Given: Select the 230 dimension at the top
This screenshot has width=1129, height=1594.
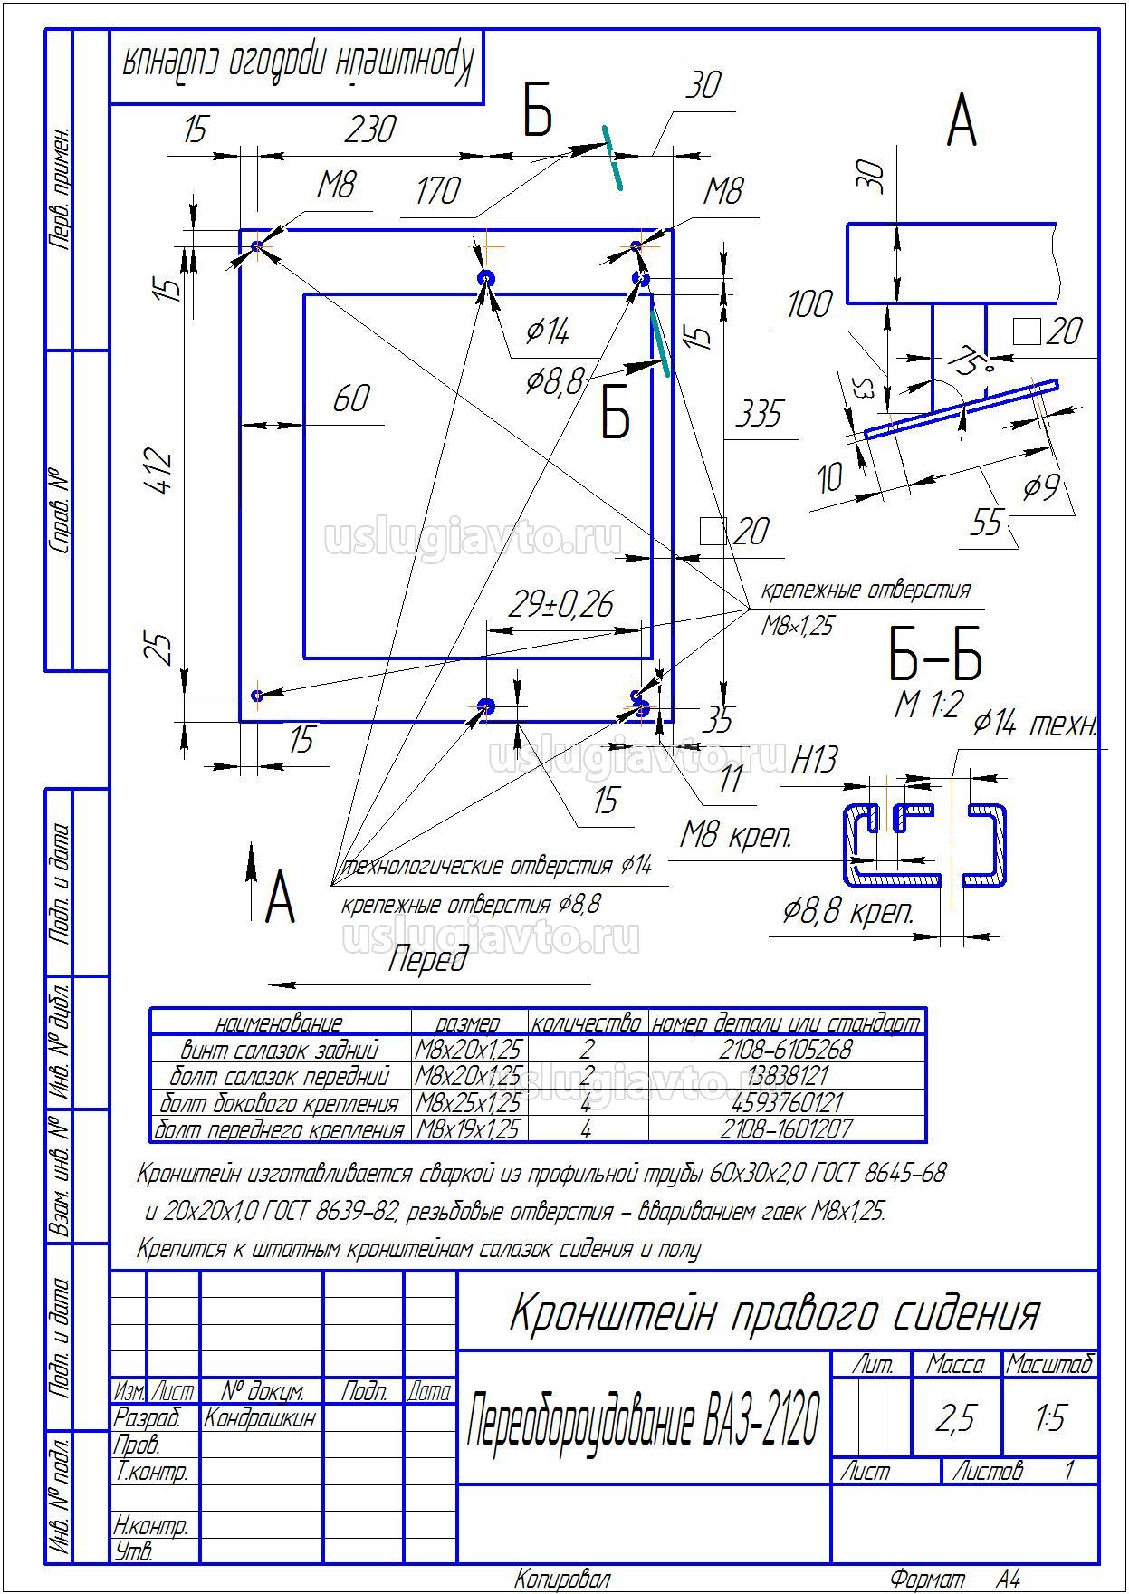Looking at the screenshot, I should pos(369,129).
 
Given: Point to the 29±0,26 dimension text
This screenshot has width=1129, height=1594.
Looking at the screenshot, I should pos(561,604).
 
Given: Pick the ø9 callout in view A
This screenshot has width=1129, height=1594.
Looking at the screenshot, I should pos(1041,487).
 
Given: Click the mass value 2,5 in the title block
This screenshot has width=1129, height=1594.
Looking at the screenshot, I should pos(956,1418).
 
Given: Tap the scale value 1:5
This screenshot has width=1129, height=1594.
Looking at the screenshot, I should pos(1050,1418).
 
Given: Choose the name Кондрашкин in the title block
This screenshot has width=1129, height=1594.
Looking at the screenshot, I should pos(260,1417).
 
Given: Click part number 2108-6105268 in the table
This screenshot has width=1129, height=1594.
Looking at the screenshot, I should pos(786,1050).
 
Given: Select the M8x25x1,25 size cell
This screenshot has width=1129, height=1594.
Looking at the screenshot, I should pos(468,1103).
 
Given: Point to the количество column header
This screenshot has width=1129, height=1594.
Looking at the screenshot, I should pos(587,1023).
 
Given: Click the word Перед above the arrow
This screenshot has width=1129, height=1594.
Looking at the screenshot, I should pos(428,958).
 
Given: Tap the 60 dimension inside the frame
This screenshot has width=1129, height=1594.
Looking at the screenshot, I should pos(351,398).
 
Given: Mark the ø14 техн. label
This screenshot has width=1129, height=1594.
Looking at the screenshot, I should pos(1036,725).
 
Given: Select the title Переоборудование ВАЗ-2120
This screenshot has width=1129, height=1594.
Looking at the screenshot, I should pos(643,1418).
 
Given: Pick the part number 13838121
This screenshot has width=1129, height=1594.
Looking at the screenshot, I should pos(786,1076).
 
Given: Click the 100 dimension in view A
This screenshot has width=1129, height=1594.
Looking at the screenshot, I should pos(808,304).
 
